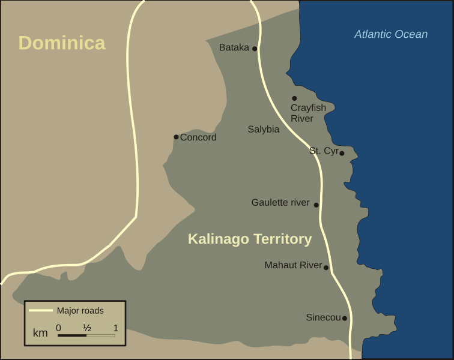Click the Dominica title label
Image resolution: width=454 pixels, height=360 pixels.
coord(62,43)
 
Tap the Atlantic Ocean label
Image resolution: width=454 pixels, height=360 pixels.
coord(391,34)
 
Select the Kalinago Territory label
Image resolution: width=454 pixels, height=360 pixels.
coord(250,239)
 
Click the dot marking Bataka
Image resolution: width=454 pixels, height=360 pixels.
coord(255,49)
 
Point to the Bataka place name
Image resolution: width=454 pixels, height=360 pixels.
coord(234,47)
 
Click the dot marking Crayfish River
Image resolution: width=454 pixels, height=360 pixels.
coord(294,98)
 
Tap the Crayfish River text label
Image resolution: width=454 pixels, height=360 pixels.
coord(308,113)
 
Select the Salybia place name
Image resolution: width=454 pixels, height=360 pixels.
coord(264,129)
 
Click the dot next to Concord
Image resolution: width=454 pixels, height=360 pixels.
coord(176,137)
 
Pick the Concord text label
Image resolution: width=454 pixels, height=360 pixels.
coord(198,137)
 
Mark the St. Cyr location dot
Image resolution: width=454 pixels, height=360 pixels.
coord(342,153)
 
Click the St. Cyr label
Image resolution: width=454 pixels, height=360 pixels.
coord(324,151)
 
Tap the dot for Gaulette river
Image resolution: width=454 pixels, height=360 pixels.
coord(316,205)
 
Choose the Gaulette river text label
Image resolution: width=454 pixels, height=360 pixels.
coord(280,203)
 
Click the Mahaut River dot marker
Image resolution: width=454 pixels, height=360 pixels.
coord(326,268)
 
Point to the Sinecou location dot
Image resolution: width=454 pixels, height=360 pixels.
coord(345,318)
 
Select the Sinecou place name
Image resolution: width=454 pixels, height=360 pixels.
coord(323,317)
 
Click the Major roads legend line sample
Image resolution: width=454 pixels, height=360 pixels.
coord(41,311)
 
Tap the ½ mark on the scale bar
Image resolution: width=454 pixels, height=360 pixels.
coord(86,328)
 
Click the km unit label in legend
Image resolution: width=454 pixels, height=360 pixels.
coord(40,333)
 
